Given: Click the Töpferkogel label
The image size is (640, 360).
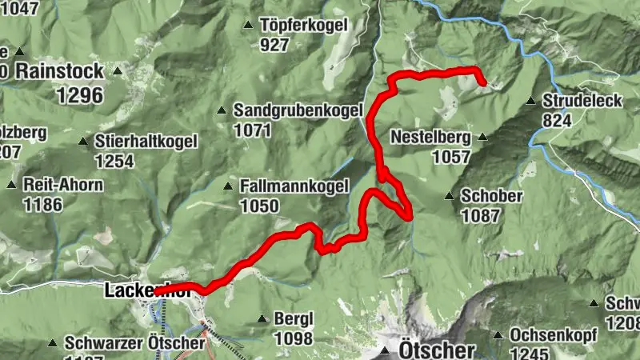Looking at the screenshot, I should point(304,25).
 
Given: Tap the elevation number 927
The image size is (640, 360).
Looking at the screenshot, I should point(274,45).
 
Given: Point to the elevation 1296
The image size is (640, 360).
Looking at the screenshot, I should point(80,95).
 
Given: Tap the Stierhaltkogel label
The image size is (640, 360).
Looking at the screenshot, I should point(146,142).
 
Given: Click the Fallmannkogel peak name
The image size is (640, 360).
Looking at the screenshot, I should point(294,187).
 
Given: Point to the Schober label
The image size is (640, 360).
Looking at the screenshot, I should point(492,196).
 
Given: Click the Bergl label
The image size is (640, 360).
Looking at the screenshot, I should point(293,318).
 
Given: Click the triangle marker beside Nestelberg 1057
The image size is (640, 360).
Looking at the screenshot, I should point(482,137).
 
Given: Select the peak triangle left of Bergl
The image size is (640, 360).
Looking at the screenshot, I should point(262,318).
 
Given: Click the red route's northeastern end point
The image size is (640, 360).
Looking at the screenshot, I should point(482,81).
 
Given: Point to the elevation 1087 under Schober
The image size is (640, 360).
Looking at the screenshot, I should point(480,215).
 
